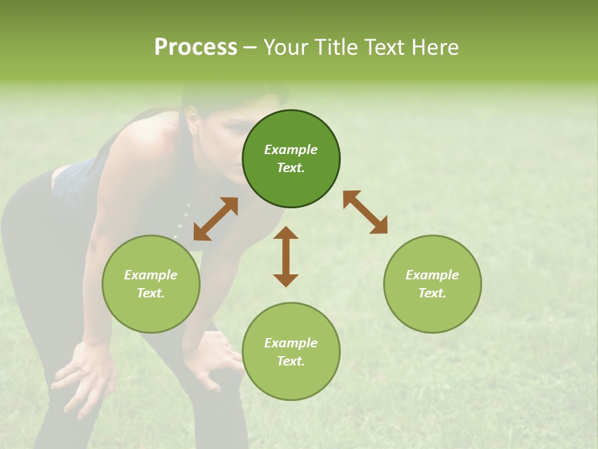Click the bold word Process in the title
(196, 47)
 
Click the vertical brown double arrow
(286, 256)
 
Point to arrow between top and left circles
(216, 219)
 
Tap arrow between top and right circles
(366, 212)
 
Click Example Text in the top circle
(291, 158)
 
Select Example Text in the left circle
(151, 284)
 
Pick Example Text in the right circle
(432, 284)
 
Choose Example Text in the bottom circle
(291, 352)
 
